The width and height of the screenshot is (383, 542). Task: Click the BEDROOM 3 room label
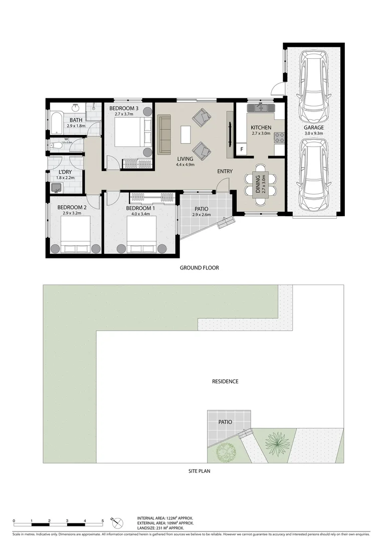pyautogui.click(x=123, y=108)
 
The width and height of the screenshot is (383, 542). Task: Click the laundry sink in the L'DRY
pyautogui.click(x=57, y=187)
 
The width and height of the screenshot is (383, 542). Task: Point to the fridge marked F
pyautogui.click(x=242, y=149)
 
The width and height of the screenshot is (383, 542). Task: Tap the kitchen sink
pyautogui.click(x=261, y=107)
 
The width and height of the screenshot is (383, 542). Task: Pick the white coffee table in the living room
pyautogui.click(x=186, y=133)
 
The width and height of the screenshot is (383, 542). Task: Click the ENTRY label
pyautogui.click(x=225, y=172)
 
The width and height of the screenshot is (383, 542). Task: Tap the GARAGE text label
pyautogui.click(x=313, y=127)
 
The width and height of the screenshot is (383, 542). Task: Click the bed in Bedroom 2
pyautogui.click(x=75, y=235)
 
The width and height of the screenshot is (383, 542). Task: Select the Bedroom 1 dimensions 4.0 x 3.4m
pyautogui.click(x=140, y=214)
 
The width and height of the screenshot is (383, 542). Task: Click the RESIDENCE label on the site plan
pyautogui.click(x=225, y=381)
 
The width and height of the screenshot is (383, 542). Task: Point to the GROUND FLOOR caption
pyautogui.click(x=199, y=268)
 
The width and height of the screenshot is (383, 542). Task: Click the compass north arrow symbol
pyautogui.click(x=118, y=522)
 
